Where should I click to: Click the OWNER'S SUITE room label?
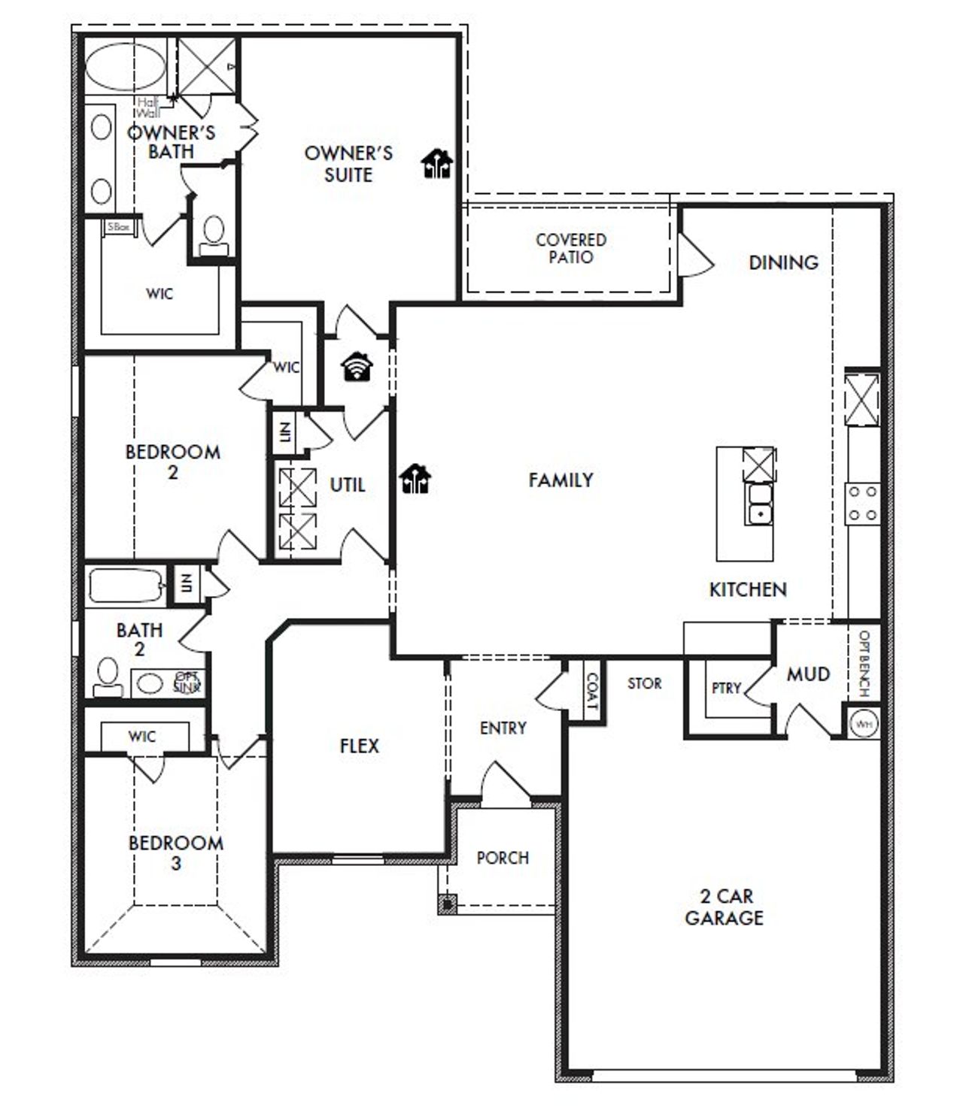pyautogui.click(x=348, y=164)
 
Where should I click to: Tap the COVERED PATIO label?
pyautogui.click(x=570, y=248)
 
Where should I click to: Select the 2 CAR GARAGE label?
pyautogui.click(x=724, y=907)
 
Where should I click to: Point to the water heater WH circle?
pyautogui.click(x=863, y=724)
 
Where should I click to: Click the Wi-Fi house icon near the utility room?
pyautogui.click(x=357, y=367)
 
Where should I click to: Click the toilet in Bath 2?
pyautogui.click(x=107, y=677)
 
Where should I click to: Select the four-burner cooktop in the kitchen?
pyautogui.click(x=863, y=504)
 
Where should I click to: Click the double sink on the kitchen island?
pyautogui.click(x=760, y=504)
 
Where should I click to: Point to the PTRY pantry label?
pyautogui.click(x=726, y=688)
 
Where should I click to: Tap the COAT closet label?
pyautogui.click(x=591, y=692)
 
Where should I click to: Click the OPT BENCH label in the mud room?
pyautogui.click(x=864, y=662)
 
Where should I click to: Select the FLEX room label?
pyautogui.click(x=360, y=746)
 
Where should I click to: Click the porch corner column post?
pyautogui.click(x=448, y=904)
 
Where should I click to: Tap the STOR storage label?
pyautogui.click(x=645, y=683)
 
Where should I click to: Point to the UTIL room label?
pyautogui.click(x=347, y=485)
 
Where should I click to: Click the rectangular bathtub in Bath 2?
pyautogui.click(x=126, y=586)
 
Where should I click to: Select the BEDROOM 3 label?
pyautogui.click(x=175, y=852)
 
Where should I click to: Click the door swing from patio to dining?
pyautogui.click(x=694, y=256)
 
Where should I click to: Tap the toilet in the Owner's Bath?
pyautogui.click(x=214, y=234)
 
